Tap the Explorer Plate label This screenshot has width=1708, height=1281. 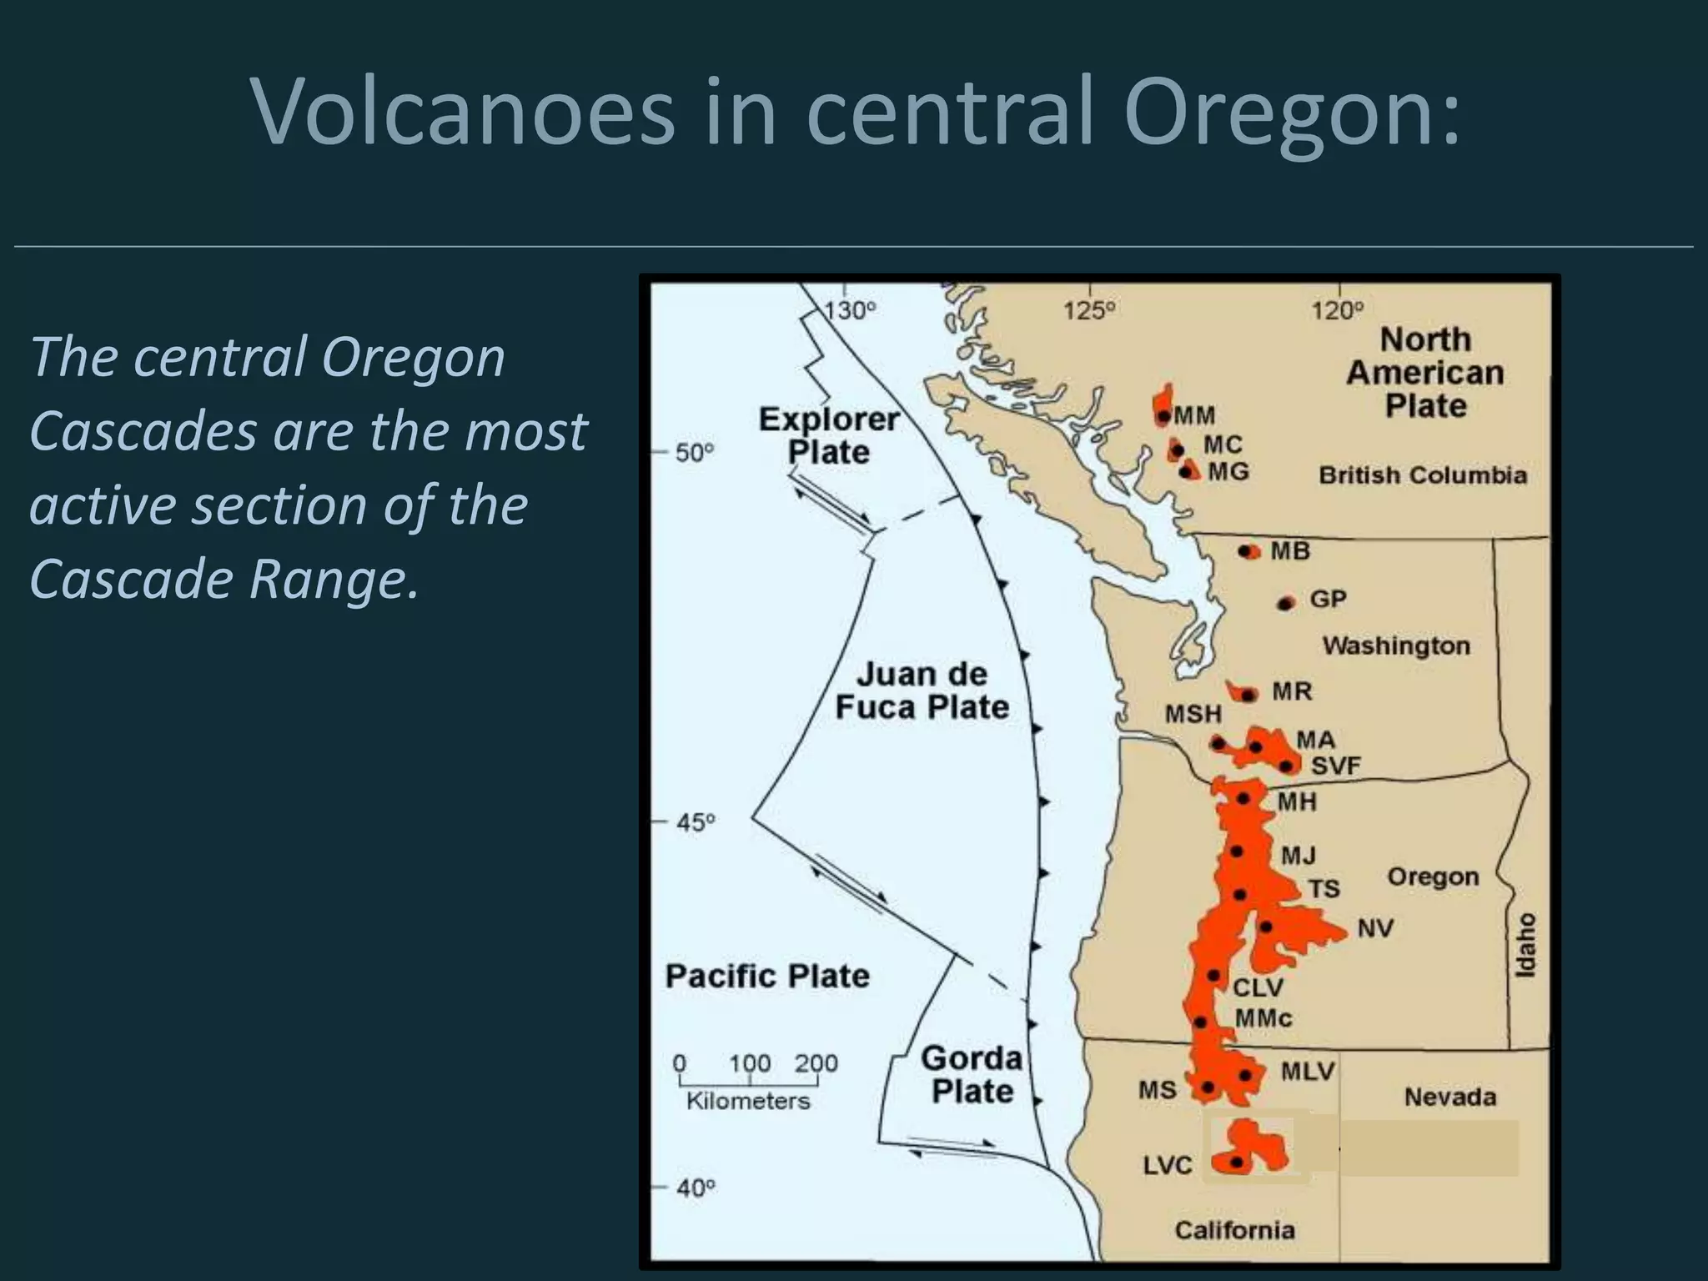[x=828, y=435]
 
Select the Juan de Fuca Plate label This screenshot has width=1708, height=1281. [x=922, y=691]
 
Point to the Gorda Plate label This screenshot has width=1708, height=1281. [x=972, y=1074]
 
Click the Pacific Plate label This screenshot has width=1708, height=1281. [x=767, y=976]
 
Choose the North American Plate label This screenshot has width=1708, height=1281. [x=1425, y=372]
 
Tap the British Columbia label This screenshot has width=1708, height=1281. [x=1423, y=475]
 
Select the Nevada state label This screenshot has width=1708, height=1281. [x=1449, y=1097]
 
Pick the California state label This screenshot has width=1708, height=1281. [x=1234, y=1230]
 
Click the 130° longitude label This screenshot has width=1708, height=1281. [x=850, y=311]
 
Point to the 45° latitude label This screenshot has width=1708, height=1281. [x=696, y=823]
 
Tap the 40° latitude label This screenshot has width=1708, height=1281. [x=696, y=1188]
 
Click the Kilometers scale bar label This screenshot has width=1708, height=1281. [x=748, y=1101]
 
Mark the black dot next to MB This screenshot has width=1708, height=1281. [x=1248, y=552]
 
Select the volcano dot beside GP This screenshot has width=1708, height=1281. [x=1286, y=603]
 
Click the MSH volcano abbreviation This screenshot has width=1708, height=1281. [x=1193, y=714]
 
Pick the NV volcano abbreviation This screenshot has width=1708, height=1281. [x=1375, y=928]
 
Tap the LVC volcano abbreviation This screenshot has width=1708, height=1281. [x=1167, y=1165]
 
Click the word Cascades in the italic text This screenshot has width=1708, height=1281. [x=143, y=431]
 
